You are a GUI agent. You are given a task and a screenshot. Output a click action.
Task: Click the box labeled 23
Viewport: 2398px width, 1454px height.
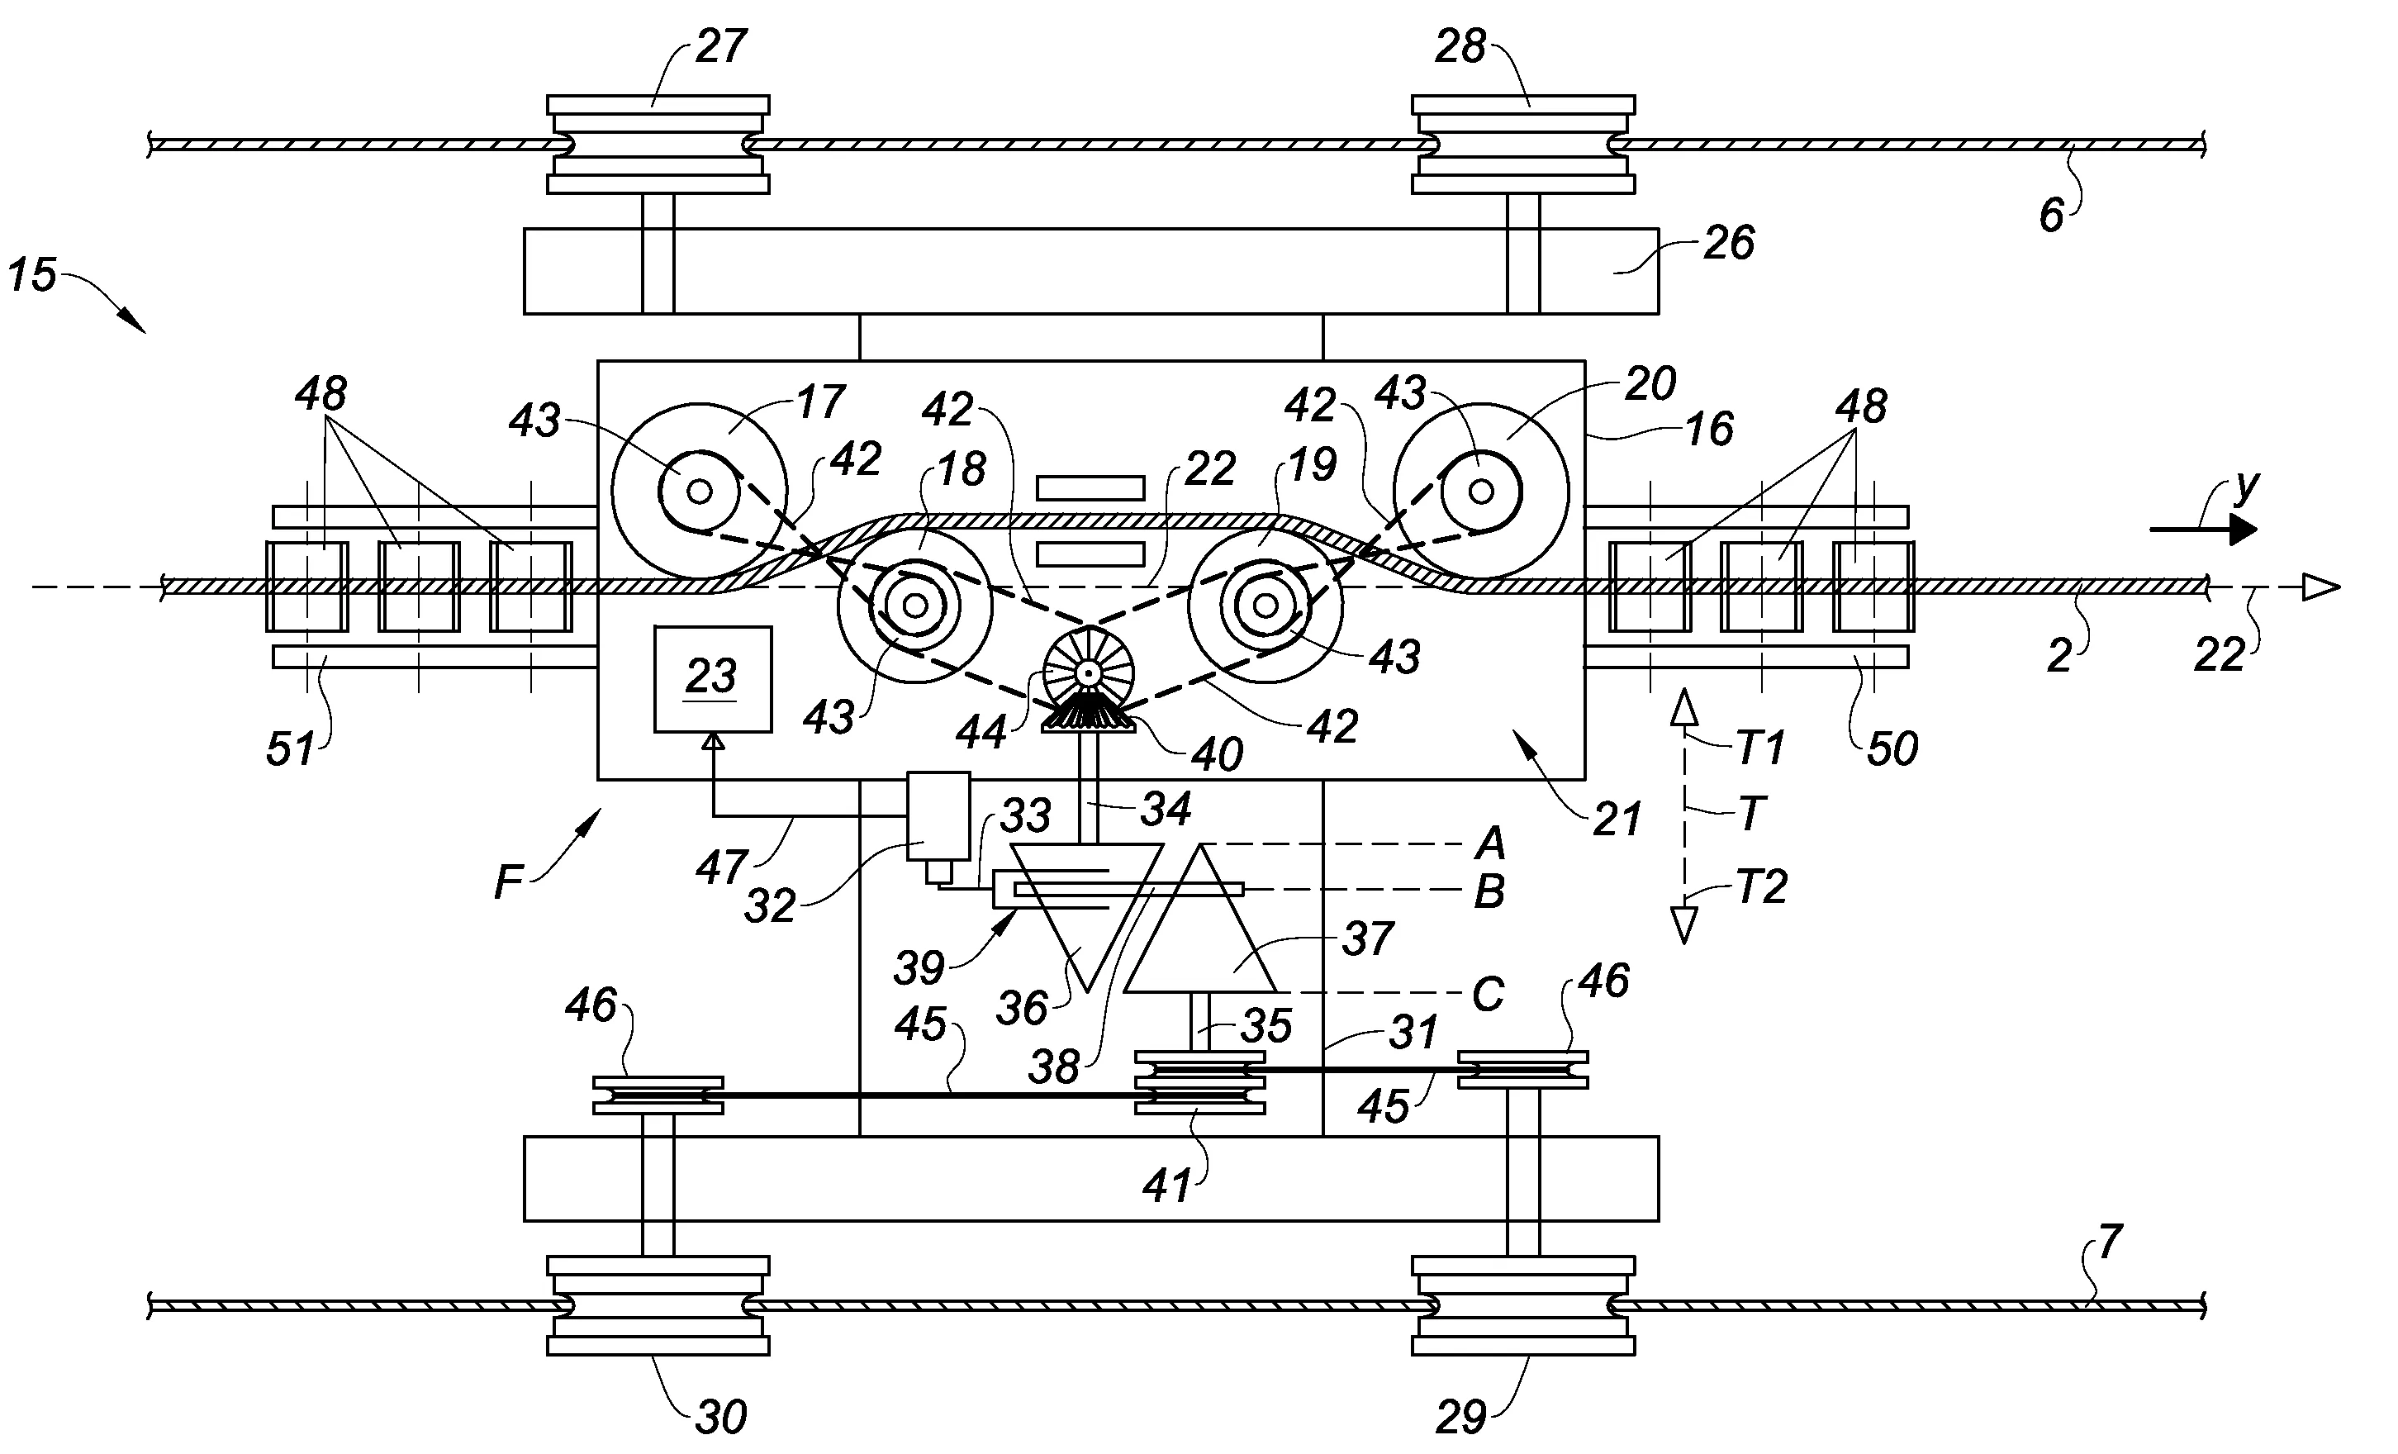(x=712, y=678)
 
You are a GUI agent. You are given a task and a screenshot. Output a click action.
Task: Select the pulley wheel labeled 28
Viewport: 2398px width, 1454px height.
(x=1523, y=144)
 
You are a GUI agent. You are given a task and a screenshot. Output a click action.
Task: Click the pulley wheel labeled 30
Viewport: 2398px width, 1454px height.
(x=658, y=1305)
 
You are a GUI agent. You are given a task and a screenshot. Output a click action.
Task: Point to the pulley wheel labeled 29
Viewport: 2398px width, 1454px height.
(x=1523, y=1305)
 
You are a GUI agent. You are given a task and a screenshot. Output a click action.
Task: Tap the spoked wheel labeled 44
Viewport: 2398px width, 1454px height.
(x=1088, y=672)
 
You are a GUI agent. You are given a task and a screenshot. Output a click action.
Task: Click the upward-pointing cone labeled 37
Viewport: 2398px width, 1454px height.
(x=1200, y=919)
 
